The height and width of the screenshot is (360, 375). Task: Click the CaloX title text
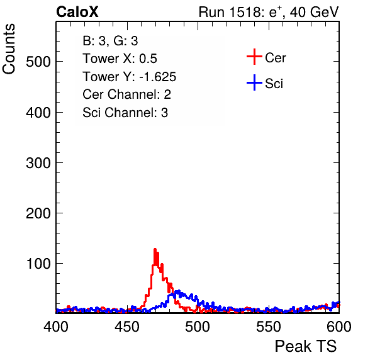(77, 12)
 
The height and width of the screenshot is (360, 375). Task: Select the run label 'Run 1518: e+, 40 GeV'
(269, 12)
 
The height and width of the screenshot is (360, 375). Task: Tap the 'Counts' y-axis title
(9, 49)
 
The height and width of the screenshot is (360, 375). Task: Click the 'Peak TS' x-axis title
(306, 346)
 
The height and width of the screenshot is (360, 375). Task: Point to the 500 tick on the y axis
(38, 62)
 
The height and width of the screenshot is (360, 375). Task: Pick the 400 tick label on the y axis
(38, 112)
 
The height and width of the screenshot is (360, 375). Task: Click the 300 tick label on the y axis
(38, 163)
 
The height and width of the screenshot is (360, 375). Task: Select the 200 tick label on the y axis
(38, 213)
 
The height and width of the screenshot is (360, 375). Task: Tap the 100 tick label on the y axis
(38, 264)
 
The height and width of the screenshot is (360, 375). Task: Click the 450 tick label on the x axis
(126, 327)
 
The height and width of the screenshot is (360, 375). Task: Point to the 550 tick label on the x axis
(268, 327)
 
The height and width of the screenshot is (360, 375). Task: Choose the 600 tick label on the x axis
(339, 327)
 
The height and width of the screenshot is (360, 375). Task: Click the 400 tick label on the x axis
(56, 327)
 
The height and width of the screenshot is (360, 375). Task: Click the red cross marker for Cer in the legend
(254, 57)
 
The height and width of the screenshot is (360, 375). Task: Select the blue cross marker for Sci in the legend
(254, 82)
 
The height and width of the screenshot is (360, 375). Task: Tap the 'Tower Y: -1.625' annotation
(129, 77)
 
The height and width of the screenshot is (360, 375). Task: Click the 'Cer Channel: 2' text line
(126, 94)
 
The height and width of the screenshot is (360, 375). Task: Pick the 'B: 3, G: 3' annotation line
(110, 41)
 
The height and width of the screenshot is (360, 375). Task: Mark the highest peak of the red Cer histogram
(155, 249)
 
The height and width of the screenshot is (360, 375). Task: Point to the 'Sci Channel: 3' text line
(125, 113)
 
